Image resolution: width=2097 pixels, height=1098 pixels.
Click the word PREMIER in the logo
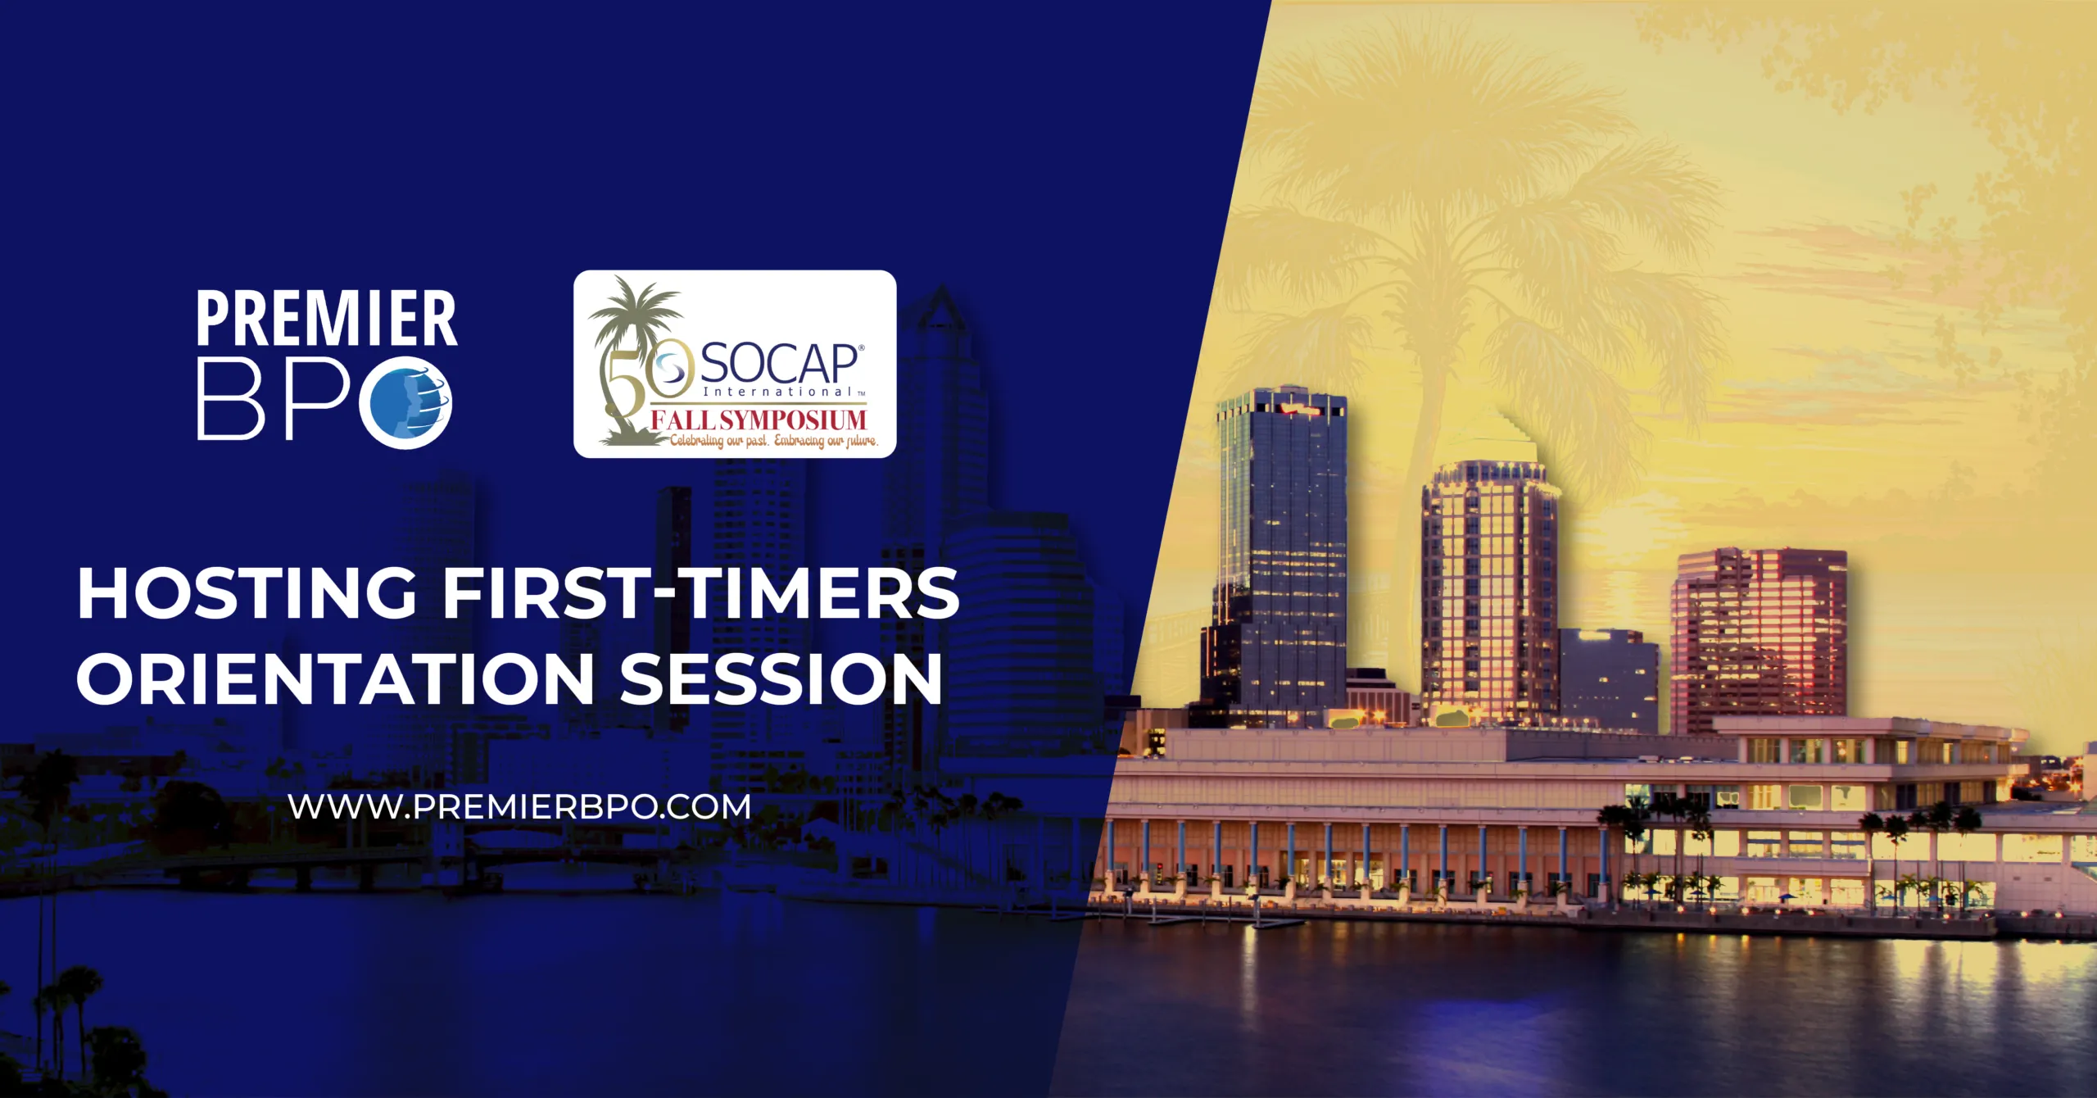[327, 318]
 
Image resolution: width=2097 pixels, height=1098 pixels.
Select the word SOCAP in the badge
[778, 365]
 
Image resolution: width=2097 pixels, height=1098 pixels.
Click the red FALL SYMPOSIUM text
[759, 420]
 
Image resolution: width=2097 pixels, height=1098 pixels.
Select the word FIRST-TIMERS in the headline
[702, 592]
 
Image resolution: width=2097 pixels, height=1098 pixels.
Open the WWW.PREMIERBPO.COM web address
[520, 806]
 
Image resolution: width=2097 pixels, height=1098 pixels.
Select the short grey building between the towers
[1608, 680]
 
